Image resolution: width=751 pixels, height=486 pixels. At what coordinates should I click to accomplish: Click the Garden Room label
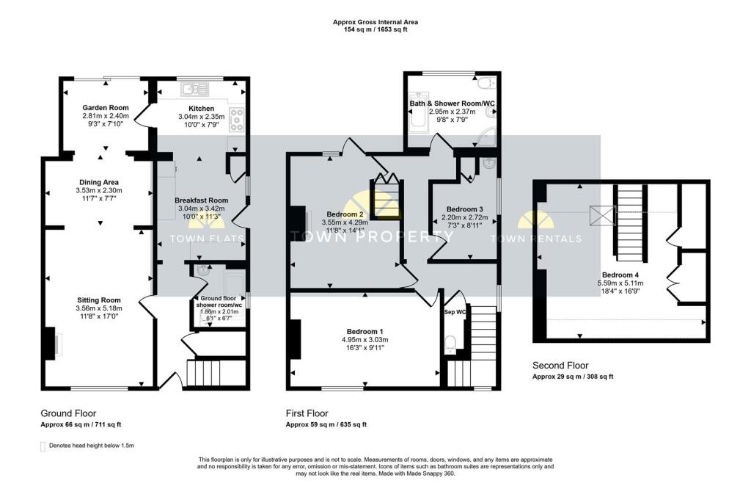(106, 108)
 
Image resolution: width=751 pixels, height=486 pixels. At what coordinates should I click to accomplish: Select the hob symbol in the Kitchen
(238, 117)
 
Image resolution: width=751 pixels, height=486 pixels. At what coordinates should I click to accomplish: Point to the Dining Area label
(99, 182)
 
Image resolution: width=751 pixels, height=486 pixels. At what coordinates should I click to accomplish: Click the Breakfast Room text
(201, 200)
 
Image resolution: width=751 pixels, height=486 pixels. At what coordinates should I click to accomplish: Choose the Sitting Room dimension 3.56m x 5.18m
(100, 308)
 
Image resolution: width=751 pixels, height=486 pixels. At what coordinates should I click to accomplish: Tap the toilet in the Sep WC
(452, 344)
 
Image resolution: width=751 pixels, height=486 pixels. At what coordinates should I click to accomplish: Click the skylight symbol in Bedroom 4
(601, 215)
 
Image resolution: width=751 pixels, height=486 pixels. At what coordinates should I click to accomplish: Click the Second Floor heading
(560, 365)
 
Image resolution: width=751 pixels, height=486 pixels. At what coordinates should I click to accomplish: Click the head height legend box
(43, 445)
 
